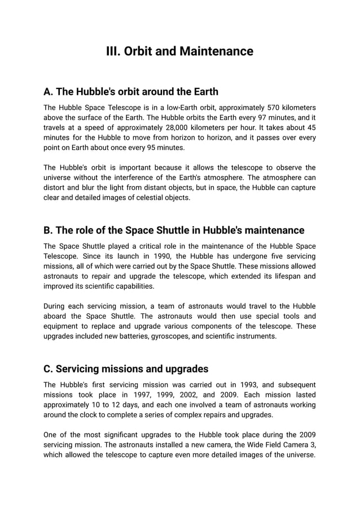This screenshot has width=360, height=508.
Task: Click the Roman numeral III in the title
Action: click(x=113, y=51)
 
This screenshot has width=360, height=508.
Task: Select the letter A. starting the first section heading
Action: click(x=49, y=91)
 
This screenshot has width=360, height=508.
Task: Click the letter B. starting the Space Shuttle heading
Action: click(x=49, y=230)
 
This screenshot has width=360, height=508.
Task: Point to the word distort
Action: click(x=55, y=188)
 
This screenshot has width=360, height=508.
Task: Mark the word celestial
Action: click(x=146, y=198)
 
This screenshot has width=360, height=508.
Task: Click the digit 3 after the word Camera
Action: click(x=312, y=444)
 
